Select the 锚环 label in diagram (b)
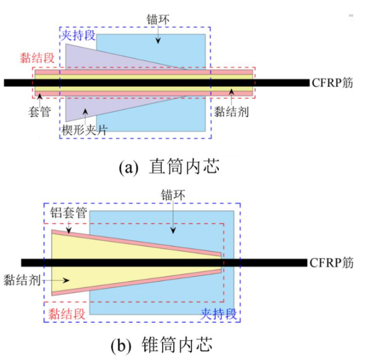click(172, 197)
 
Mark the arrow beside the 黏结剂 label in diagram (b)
click(57, 280)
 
